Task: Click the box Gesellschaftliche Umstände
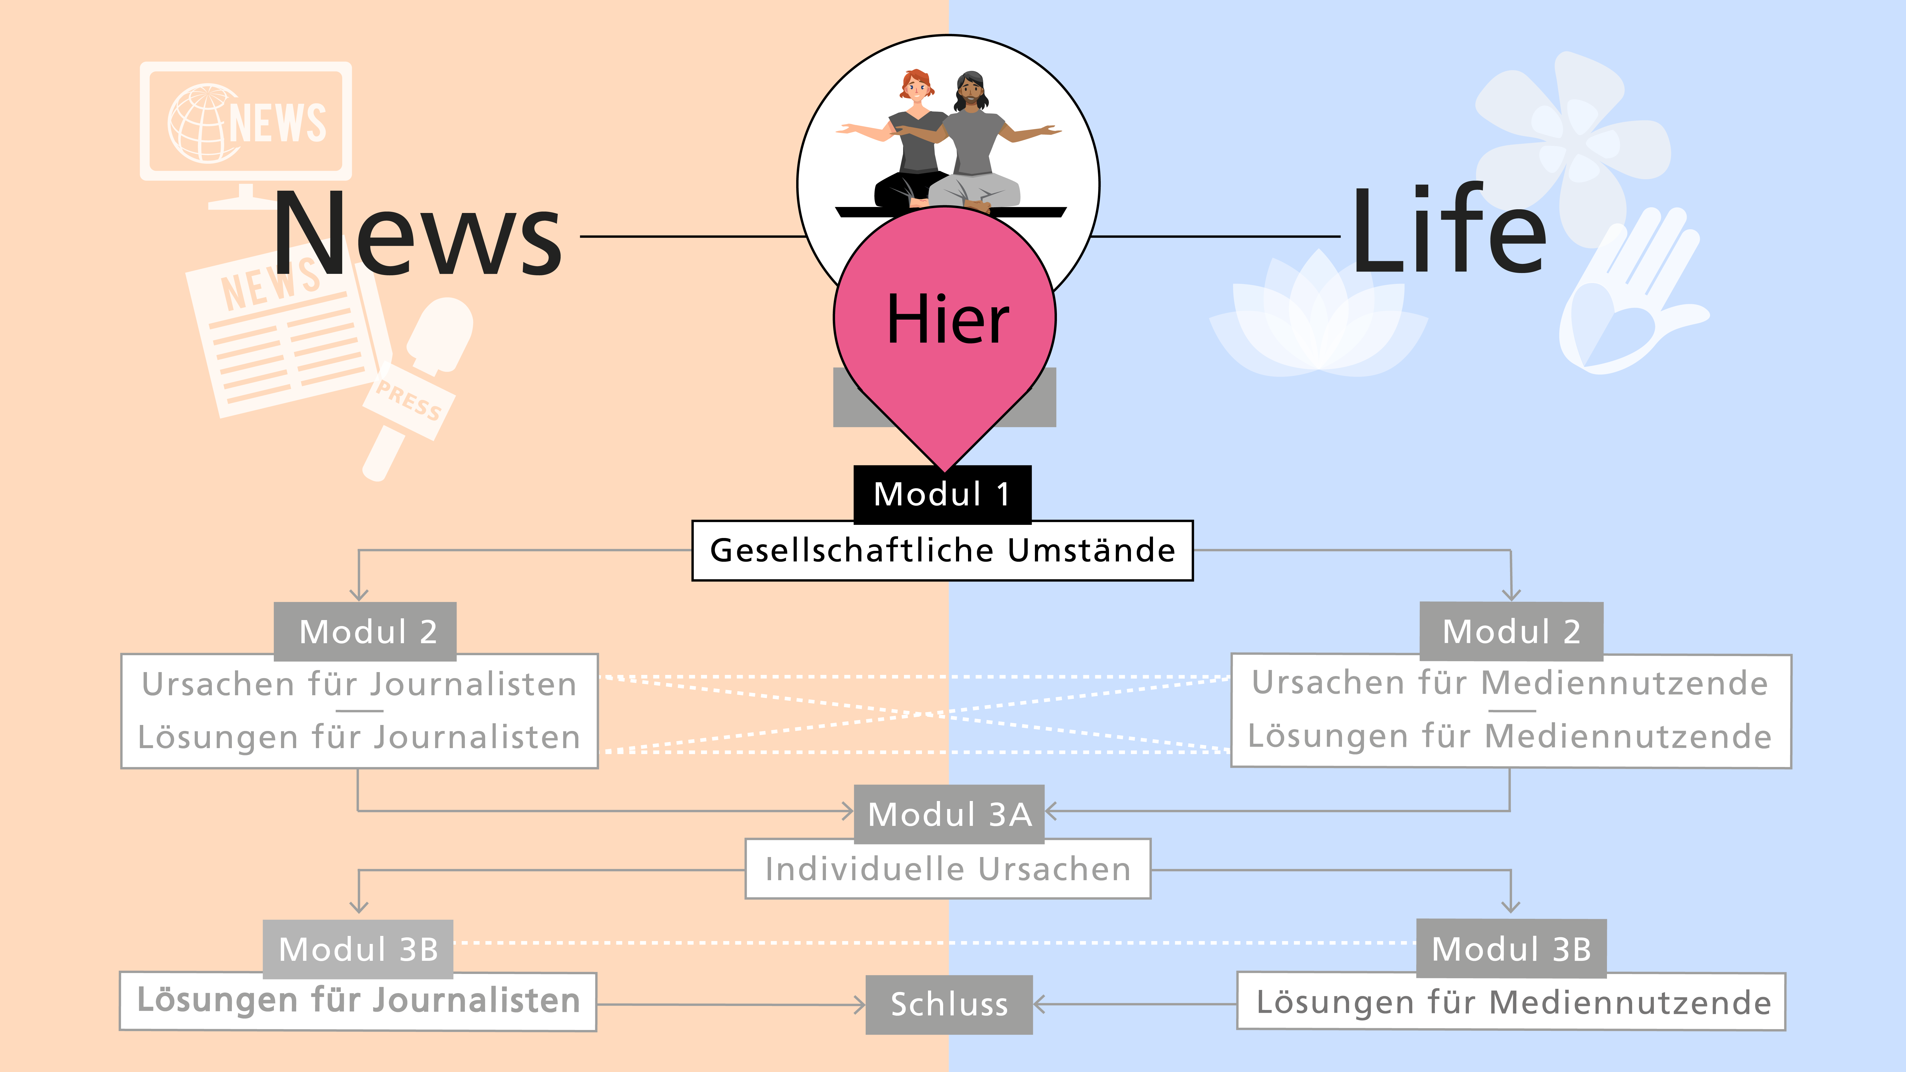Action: pyautogui.click(x=942, y=550)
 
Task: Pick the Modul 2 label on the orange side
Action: pyautogui.click(x=366, y=631)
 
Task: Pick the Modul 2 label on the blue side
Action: pyautogui.click(x=1511, y=631)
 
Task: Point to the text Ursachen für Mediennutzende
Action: pyautogui.click(x=1509, y=682)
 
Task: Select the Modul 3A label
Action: pyautogui.click(x=949, y=814)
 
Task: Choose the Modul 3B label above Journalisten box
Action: pyautogui.click(x=358, y=949)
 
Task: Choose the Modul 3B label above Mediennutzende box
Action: pyautogui.click(x=1511, y=949)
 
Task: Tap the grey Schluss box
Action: pyautogui.click(x=949, y=1004)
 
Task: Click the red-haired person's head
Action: pyautogui.click(x=916, y=87)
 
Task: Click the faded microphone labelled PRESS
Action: pyautogui.click(x=418, y=385)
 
